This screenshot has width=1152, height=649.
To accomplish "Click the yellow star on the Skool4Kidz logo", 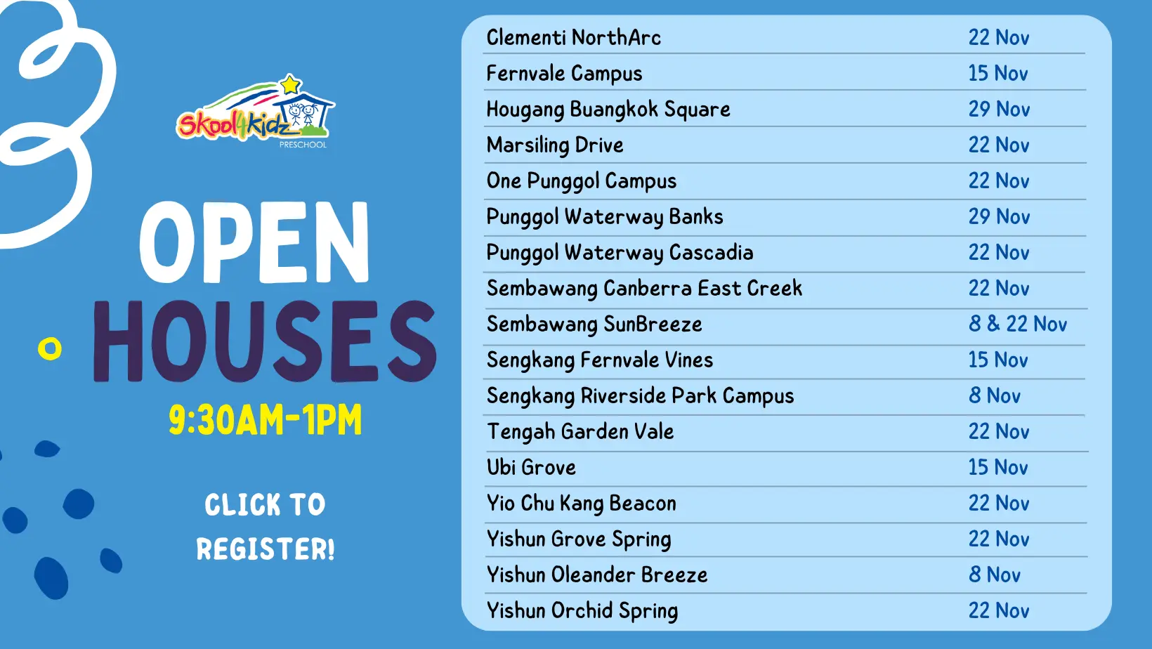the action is [x=291, y=84].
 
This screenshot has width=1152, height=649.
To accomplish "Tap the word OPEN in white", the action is [x=254, y=242].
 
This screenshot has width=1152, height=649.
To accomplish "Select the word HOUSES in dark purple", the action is [x=265, y=341].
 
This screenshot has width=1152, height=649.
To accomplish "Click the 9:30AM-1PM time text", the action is [x=266, y=420].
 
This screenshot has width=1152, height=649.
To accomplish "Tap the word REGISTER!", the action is [x=266, y=549].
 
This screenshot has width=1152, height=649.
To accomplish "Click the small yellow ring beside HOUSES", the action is [x=50, y=348].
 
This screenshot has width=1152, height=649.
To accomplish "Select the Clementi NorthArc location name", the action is [x=573, y=37].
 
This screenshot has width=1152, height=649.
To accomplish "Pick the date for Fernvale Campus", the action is [x=998, y=74].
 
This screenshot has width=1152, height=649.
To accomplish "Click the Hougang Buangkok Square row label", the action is [x=608, y=110].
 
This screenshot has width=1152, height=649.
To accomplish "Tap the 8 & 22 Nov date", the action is [x=1018, y=324].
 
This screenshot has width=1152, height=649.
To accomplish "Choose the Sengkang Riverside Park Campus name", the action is [x=641, y=396].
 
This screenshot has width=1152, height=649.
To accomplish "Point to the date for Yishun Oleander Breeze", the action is [x=995, y=575].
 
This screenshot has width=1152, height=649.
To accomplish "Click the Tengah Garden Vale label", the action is [x=580, y=431].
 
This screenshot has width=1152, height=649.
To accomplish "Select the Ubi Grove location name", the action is [x=531, y=468].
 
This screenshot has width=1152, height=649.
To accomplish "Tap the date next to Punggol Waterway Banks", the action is [x=1000, y=216].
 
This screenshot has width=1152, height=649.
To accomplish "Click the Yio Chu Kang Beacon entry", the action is [x=581, y=504].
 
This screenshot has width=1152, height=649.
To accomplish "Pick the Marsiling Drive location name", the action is [x=555, y=145].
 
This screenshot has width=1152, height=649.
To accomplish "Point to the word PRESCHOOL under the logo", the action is [x=303, y=145].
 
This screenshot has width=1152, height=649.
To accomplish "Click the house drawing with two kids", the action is [x=304, y=110].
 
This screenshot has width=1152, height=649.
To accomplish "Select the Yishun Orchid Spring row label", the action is [x=582, y=611].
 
